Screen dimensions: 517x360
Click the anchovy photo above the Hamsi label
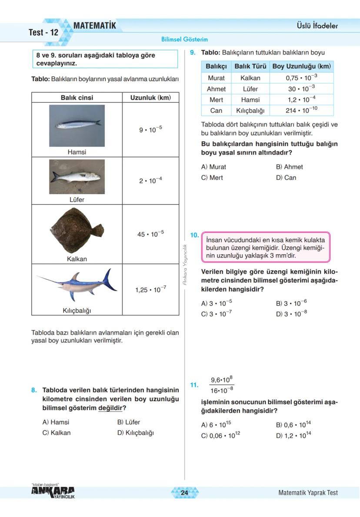77,125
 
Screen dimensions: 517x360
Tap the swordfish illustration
77,285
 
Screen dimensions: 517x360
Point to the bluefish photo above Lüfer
77,176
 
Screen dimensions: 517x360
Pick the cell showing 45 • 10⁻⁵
150,234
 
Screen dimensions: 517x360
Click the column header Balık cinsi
77,98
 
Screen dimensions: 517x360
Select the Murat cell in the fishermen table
216,78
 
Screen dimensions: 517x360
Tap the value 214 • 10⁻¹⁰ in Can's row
301,111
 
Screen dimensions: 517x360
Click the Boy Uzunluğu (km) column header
301,67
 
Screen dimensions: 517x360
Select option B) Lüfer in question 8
129,422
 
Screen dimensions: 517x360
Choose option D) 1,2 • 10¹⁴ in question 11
293,435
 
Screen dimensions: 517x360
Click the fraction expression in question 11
222,385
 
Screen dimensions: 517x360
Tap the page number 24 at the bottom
184,493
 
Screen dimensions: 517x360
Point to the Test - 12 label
43,33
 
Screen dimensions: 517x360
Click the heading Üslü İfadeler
314,26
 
